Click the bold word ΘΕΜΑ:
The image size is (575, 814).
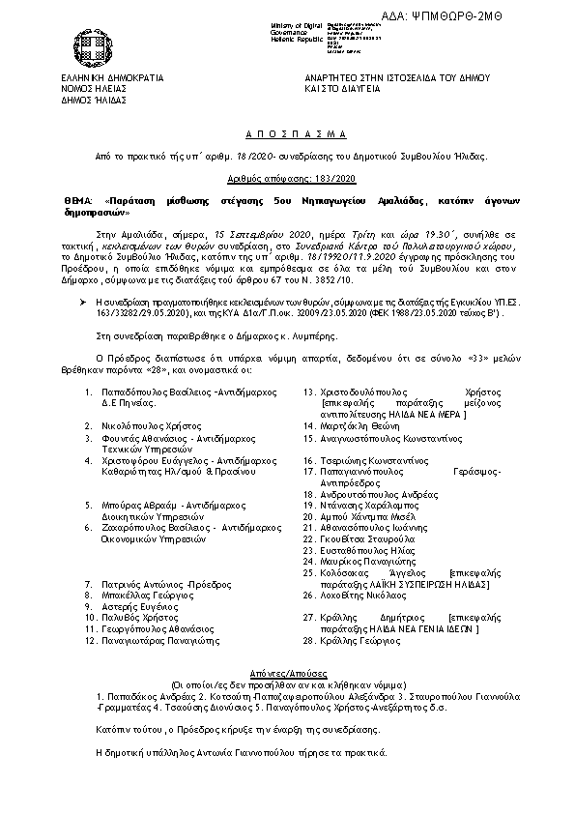(x=77, y=197)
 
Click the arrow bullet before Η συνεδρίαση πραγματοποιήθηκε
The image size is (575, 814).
(x=87, y=303)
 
